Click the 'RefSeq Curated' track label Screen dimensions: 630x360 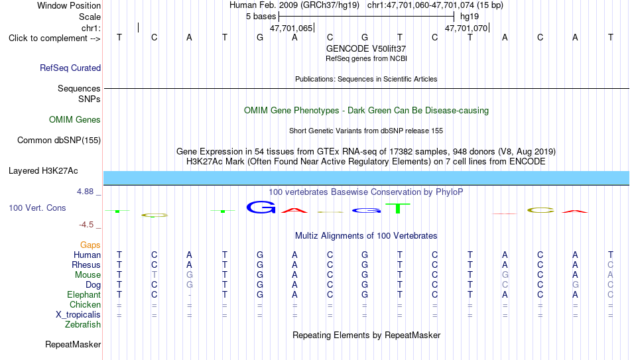(70, 68)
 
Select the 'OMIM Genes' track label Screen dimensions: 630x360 (75, 120)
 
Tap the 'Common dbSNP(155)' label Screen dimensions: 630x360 (59, 141)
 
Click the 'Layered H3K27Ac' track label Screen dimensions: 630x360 (43, 171)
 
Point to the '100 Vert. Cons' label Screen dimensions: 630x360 (37, 208)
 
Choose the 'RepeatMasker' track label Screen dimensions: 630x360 (73, 344)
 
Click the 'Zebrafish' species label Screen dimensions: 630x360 (83, 324)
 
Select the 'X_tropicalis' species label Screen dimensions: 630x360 (78, 315)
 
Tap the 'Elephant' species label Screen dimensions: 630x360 (84, 294)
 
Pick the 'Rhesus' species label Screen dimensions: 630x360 (86, 265)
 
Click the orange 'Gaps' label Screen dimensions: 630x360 (90, 245)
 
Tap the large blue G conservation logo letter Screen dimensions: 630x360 (261, 207)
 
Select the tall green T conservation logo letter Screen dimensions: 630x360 (398, 209)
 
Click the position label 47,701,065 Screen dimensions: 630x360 (291, 28)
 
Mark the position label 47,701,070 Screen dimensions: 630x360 (466, 28)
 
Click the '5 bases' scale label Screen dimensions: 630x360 (261, 17)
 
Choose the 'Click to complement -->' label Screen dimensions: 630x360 (54, 38)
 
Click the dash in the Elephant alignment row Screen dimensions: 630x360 (189, 295)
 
